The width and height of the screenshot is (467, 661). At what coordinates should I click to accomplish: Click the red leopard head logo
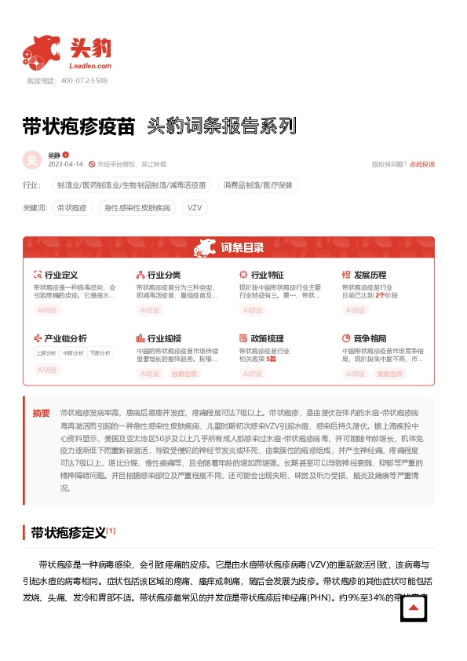pyautogui.click(x=41, y=53)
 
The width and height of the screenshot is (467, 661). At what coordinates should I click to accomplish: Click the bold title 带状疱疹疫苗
pyautogui.click(x=79, y=126)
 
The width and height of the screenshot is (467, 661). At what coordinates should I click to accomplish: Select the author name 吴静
pyautogui.click(x=53, y=155)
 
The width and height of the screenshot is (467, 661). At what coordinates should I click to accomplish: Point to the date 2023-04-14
pyautogui.click(x=65, y=164)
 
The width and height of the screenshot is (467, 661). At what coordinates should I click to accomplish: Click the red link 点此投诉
pyautogui.click(x=422, y=164)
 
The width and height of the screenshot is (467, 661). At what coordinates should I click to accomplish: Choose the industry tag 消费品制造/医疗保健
pyautogui.click(x=257, y=185)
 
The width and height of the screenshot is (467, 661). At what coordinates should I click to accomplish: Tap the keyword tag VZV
pyautogui.click(x=194, y=208)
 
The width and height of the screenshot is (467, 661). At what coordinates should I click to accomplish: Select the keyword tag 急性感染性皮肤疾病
pyautogui.click(x=137, y=208)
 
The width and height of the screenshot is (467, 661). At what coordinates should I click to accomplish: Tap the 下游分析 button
pyautogui.click(x=100, y=352)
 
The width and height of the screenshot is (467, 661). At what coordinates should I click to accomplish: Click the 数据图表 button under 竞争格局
pyautogui.click(x=390, y=374)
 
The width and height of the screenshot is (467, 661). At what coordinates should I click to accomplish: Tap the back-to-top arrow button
pyautogui.click(x=414, y=609)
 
